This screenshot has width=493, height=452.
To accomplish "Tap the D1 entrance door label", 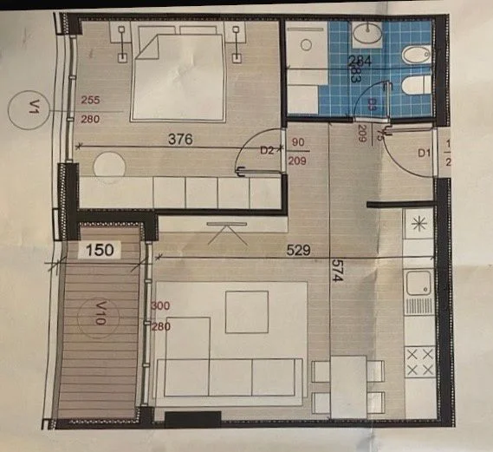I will (x=424, y=154).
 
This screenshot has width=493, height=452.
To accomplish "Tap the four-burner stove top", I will (x=419, y=362).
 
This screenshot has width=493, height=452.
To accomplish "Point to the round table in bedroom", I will (x=110, y=165).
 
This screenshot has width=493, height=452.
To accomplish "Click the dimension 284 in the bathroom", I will (x=359, y=60).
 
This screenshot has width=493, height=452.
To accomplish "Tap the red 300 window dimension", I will (x=159, y=306).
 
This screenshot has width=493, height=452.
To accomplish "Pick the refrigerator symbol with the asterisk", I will (x=418, y=225).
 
